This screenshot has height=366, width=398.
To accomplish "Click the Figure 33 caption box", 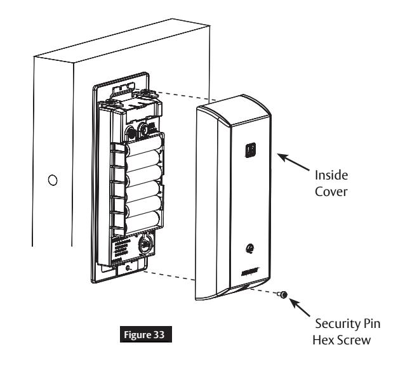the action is [x=146, y=334].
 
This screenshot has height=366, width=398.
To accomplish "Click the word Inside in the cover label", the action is [x=331, y=175].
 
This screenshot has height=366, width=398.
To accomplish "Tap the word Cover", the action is [x=331, y=192].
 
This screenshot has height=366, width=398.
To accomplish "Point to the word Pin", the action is [x=371, y=324].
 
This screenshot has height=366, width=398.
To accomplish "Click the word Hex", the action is [x=322, y=340].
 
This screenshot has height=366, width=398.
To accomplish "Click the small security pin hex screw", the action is [x=282, y=294].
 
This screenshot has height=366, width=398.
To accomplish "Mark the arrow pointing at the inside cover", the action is [x=293, y=162].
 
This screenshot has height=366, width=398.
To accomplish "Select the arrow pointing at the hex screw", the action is [x=300, y=308].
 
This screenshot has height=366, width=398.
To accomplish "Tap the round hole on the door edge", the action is [x=53, y=180].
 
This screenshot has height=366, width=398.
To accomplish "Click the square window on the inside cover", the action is [x=250, y=150].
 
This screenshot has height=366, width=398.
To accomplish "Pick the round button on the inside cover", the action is [x=250, y=248].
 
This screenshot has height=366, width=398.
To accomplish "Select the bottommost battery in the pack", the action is [x=143, y=221].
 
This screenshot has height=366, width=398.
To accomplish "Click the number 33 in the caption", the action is [x=159, y=334].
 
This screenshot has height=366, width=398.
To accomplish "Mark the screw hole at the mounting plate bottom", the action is [x=128, y=268].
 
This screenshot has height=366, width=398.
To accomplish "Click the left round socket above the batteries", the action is [x=131, y=133].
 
